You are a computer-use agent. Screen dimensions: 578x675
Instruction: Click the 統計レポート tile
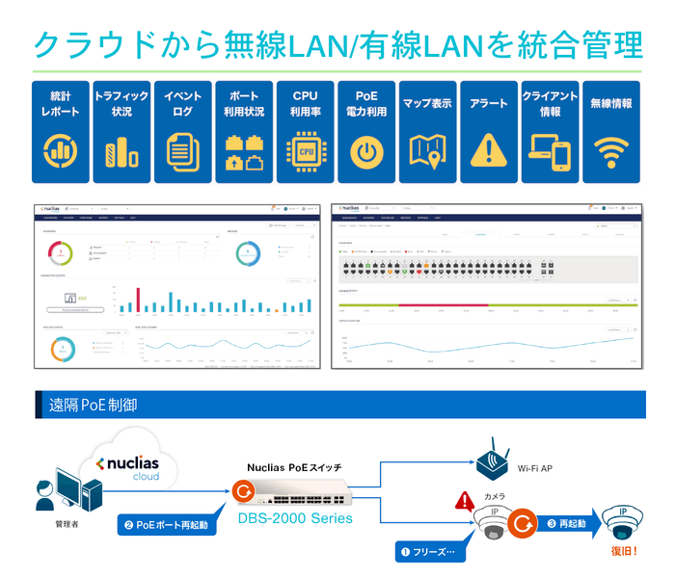[x=62, y=132]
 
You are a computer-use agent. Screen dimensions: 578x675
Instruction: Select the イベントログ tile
[x=183, y=132]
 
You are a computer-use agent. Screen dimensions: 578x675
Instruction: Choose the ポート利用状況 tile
[x=244, y=132]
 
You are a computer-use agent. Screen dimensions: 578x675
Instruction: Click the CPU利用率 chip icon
[x=305, y=152]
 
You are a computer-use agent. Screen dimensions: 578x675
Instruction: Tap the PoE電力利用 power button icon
[x=366, y=152]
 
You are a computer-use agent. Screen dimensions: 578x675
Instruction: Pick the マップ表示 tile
[x=427, y=132]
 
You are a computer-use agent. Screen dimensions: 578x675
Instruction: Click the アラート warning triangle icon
[x=488, y=150]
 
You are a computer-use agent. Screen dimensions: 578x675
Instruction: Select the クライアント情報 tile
[x=550, y=132]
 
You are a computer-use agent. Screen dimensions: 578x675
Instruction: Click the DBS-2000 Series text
[x=295, y=518]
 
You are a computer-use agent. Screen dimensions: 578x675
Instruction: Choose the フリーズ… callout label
[x=431, y=553]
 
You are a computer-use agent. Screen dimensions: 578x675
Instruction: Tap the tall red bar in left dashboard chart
[x=137, y=300]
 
